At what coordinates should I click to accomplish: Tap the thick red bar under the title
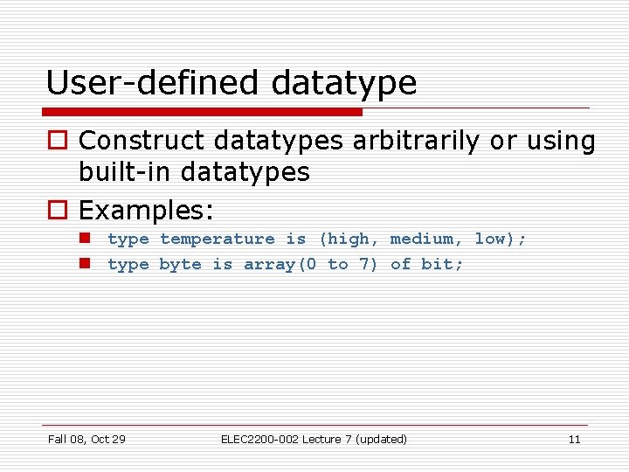[202, 112]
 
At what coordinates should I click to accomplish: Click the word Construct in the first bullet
[154, 141]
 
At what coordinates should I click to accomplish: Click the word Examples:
[147, 211]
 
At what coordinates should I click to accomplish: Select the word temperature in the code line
[217, 239]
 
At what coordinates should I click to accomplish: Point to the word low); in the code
[501, 239]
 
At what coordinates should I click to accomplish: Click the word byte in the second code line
[180, 265]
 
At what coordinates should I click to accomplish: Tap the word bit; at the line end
[443, 265]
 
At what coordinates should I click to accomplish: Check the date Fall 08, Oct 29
[86, 439]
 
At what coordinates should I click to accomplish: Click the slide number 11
[574, 439]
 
